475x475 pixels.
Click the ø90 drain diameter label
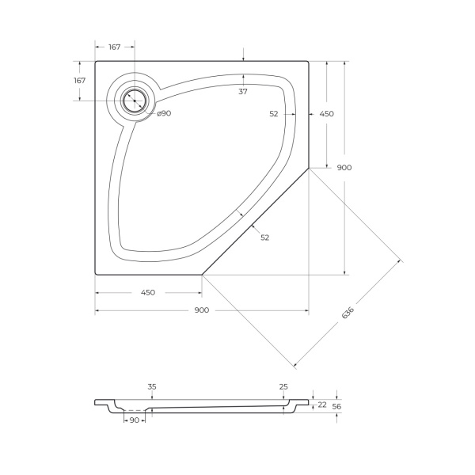click(x=164, y=113)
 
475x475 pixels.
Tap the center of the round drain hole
click(x=133, y=101)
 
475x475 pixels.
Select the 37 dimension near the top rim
click(x=243, y=92)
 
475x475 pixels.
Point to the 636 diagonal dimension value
click(x=347, y=313)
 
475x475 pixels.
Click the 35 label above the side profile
click(x=152, y=386)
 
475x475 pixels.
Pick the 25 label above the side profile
click(x=283, y=386)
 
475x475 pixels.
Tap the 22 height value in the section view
click(x=322, y=405)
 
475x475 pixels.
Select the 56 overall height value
click(x=336, y=405)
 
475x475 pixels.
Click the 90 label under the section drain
click(x=134, y=420)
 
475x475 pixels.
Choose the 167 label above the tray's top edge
click(x=114, y=47)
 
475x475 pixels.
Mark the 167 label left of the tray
click(x=79, y=81)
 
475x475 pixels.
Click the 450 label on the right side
click(x=326, y=114)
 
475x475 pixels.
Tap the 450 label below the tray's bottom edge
click(x=147, y=292)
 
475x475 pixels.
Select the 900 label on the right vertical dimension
click(x=344, y=167)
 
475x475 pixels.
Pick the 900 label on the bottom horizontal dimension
click(x=201, y=310)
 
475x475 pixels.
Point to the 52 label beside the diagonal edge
click(x=264, y=237)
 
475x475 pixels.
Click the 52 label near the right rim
click(x=274, y=114)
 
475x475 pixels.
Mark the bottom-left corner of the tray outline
click(x=96, y=274)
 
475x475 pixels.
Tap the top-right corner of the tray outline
click(x=309, y=61)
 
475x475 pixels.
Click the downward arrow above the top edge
click(x=243, y=55)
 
